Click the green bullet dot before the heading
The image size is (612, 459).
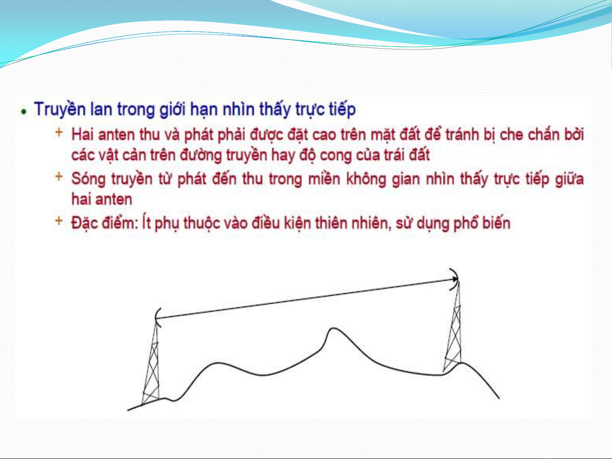click(x=24, y=112)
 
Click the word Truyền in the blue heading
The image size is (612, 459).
click(x=60, y=109)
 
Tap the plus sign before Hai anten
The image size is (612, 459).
click(x=59, y=132)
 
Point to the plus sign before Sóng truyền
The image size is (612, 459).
click(x=59, y=176)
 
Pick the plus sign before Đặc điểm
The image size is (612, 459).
click(x=59, y=221)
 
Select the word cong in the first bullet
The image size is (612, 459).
click(x=336, y=155)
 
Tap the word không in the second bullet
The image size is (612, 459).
click(x=366, y=179)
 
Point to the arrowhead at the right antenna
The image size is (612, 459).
click(x=455, y=279)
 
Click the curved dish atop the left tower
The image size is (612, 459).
click(x=157, y=318)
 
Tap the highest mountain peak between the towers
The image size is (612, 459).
click(x=334, y=329)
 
